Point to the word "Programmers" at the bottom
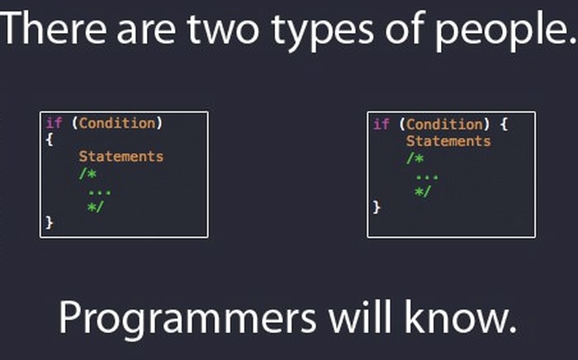[x=187, y=318]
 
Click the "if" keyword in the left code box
[x=54, y=123]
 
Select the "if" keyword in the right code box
[x=381, y=124]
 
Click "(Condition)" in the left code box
[x=117, y=123]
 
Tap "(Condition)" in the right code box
[x=444, y=124]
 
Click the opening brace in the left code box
[x=50, y=140]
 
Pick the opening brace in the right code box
[x=504, y=124]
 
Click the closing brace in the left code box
[x=50, y=223]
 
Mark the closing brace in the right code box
[x=377, y=206]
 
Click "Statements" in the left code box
[x=121, y=156]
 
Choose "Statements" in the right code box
[x=448, y=140]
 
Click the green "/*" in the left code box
[x=88, y=173]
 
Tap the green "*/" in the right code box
[x=423, y=192]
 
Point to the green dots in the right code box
[x=427, y=178]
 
